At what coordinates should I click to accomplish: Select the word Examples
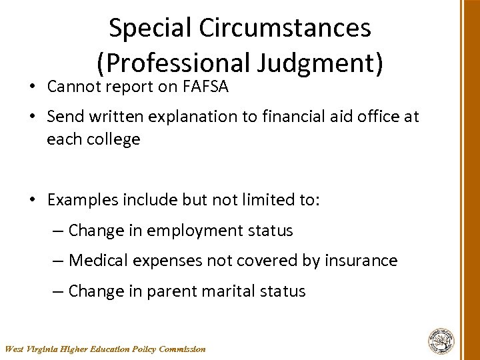83,200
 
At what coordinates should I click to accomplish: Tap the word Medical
98,261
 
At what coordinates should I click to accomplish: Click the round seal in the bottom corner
441,341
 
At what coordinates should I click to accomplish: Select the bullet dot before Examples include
33,200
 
